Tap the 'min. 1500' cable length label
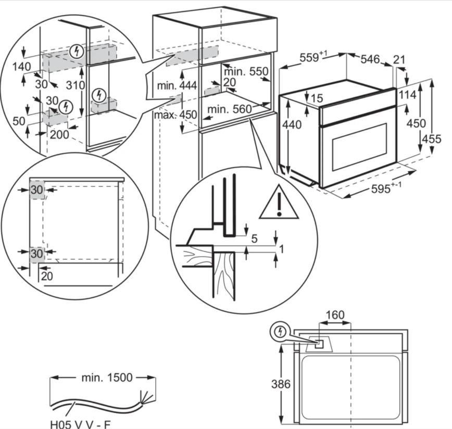(x=107, y=377)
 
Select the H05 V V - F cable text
(x=80, y=424)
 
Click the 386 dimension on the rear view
(x=281, y=384)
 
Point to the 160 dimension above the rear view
(x=335, y=314)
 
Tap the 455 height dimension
(x=432, y=139)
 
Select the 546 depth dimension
(x=370, y=59)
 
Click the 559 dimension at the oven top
(x=313, y=57)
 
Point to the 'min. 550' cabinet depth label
(x=246, y=71)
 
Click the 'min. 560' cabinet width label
(x=230, y=109)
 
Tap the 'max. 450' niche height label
(x=175, y=115)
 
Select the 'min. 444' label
(x=177, y=85)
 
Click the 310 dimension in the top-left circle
(x=75, y=85)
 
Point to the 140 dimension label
(x=22, y=67)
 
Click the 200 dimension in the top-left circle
(x=59, y=134)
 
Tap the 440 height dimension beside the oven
(x=292, y=125)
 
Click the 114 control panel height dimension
(x=407, y=95)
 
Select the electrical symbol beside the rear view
(x=280, y=332)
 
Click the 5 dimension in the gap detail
(x=254, y=238)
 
